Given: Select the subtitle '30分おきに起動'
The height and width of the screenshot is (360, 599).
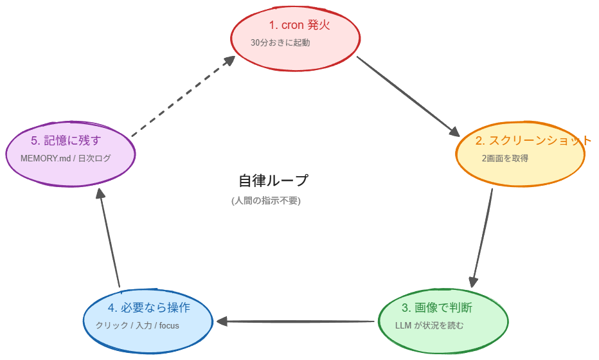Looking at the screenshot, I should click(x=280, y=43).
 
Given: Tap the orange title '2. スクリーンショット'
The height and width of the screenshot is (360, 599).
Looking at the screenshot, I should click(x=533, y=141).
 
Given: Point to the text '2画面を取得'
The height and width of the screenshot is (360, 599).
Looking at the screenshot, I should click(x=505, y=158).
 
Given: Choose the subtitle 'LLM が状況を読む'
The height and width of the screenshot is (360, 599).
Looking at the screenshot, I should click(x=429, y=325).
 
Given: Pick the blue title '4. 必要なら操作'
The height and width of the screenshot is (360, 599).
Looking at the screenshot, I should click(x=149, y=307).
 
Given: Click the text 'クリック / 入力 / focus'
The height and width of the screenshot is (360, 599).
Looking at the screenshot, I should click(x=138, y=325).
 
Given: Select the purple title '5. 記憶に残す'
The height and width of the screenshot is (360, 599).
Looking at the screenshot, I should click(x=66, y=140).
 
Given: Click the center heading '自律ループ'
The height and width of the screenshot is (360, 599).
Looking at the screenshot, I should click(x=273, y=181).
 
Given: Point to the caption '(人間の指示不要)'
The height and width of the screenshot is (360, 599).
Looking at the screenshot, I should click(x=266, y=201).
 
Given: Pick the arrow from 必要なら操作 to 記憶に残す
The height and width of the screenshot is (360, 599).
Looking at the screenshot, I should click(x=109, y=241).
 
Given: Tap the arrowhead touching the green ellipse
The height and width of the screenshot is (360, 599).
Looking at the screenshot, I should click(x=474, y=281).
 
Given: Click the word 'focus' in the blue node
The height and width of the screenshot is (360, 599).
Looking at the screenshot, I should click(x=168, y=325).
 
